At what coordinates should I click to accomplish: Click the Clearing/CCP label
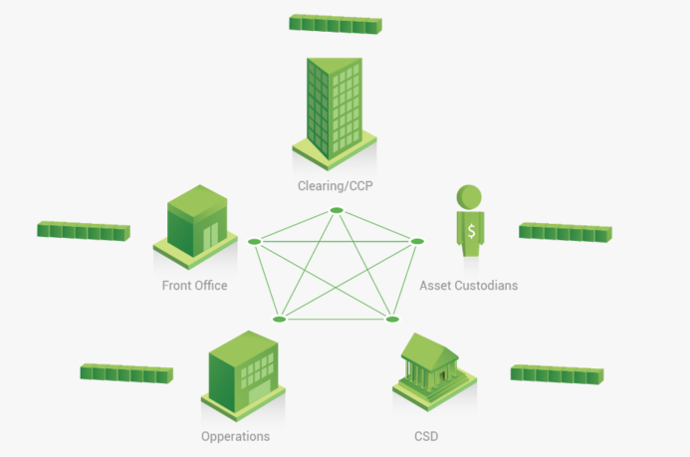[335, 185]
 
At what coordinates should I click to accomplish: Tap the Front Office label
[195, 286]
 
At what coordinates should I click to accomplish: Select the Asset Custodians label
[469, 286]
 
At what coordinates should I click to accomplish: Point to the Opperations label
[235, 436]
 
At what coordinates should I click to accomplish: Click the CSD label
[426, 436]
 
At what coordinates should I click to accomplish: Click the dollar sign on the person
[470, 231]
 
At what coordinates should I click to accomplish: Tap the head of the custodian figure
[469, 196]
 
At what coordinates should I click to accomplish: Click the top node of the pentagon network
[337, 210]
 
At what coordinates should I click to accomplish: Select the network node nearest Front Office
[254, 242]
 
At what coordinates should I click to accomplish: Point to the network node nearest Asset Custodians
[418, 241]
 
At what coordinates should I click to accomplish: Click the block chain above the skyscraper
[335, 23]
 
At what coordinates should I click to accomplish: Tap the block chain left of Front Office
[84, 231]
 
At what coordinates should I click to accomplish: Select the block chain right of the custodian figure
[565, 232]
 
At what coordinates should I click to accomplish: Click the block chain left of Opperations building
[126, 373]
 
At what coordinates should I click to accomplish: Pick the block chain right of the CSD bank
[558, 372]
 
